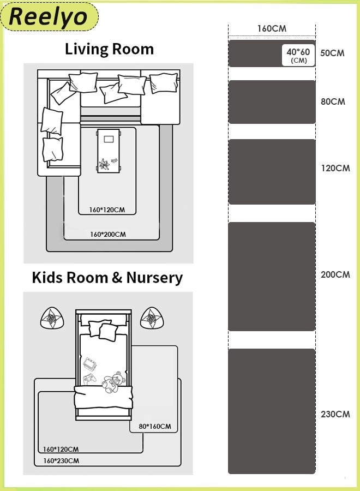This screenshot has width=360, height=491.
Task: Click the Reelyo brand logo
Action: (x=49, y=16)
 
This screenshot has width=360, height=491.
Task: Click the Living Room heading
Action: (x=109, y=49)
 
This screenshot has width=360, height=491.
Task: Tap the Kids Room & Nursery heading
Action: (x=107, y=278)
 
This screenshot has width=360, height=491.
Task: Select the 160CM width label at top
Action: (x=272, y=28)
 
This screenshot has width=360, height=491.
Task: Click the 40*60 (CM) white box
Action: (x=298, y=56)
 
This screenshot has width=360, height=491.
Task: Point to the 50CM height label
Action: (x=332, y=53)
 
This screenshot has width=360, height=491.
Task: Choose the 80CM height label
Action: (x=333, y=101)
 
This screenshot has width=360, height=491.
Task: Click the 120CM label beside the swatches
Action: (x=335, y=168)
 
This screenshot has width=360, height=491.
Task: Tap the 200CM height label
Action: (x=335, y=274)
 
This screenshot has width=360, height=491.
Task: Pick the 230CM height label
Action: (x=335, y=414)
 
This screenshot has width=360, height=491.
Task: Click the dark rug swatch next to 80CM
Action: (x=272, y=102)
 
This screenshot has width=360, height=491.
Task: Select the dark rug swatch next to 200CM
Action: (x=272, y=277)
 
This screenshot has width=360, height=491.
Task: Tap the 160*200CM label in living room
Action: (x=108, y=235)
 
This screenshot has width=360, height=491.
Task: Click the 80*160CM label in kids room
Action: (x=155, y=426)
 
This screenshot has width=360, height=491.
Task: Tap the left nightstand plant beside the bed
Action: (x=53, y=318)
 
